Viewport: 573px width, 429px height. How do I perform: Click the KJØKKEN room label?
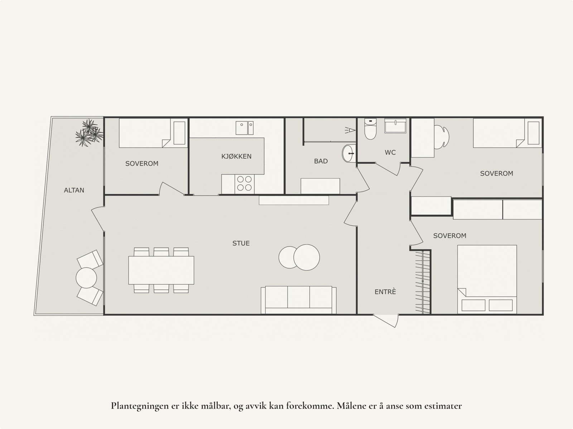coord(236,156)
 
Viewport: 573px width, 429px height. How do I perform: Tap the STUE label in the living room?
coord(241,244)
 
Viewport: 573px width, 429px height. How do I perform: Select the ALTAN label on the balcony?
coord(74,190)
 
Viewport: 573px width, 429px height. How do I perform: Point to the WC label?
coord(390,153)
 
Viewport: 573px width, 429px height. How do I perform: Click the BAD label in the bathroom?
coord(321,161)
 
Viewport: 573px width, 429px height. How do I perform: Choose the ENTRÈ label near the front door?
coord(385,292)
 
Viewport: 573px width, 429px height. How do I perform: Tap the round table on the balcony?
coord(86,278)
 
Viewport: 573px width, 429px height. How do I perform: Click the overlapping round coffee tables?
coord(299,257)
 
